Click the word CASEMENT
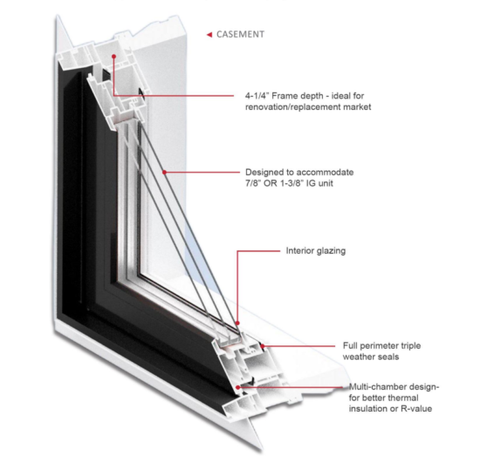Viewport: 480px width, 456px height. point(240,34)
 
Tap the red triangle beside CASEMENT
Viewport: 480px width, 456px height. point(209,35)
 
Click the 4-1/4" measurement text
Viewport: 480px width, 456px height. point(257,96)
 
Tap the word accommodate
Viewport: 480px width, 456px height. point(326,172)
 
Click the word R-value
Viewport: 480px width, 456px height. point(416,409)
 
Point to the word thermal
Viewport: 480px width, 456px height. point(403,398)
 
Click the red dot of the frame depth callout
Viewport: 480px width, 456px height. point(113,57)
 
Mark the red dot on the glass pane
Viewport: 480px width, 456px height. point(164,172)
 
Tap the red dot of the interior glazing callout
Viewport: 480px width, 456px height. point(237,323)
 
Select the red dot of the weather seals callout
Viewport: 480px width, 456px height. point(263,346)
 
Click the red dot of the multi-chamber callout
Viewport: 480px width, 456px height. point(237,387)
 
